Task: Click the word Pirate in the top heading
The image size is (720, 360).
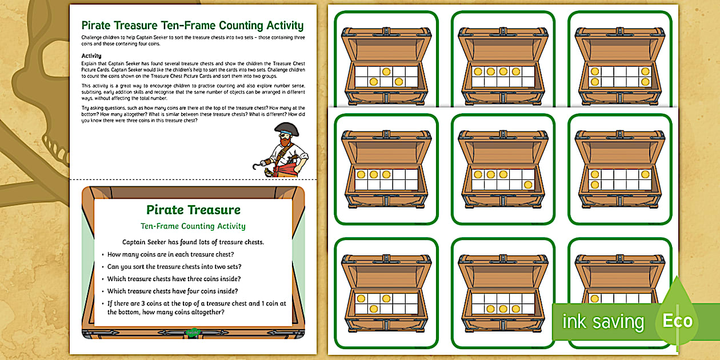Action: (x=99, y=25)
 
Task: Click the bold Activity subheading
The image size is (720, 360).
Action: (x=91, y=56)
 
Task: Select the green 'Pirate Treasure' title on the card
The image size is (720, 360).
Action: (x=193, y=210)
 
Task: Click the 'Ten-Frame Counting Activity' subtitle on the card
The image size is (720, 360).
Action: (x=193, y=226)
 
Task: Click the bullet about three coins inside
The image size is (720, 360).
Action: (x=174, y=279)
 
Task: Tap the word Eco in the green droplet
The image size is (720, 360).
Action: (x=677, y=321)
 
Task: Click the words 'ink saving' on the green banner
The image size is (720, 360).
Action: (x=603, y=322)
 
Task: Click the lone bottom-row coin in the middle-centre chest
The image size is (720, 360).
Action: (x=527, y=185)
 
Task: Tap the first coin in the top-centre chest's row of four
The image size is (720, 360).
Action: (x=478, y=72)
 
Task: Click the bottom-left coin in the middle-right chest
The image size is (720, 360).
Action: (x=595, y=185)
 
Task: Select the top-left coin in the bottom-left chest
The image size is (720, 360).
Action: (x=361, y=298)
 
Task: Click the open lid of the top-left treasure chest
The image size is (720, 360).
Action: (x=386, y=47)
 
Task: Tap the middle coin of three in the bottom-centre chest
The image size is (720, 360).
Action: (x=503, y=309)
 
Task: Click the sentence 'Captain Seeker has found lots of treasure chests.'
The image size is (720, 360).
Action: (x=193, y=242)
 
